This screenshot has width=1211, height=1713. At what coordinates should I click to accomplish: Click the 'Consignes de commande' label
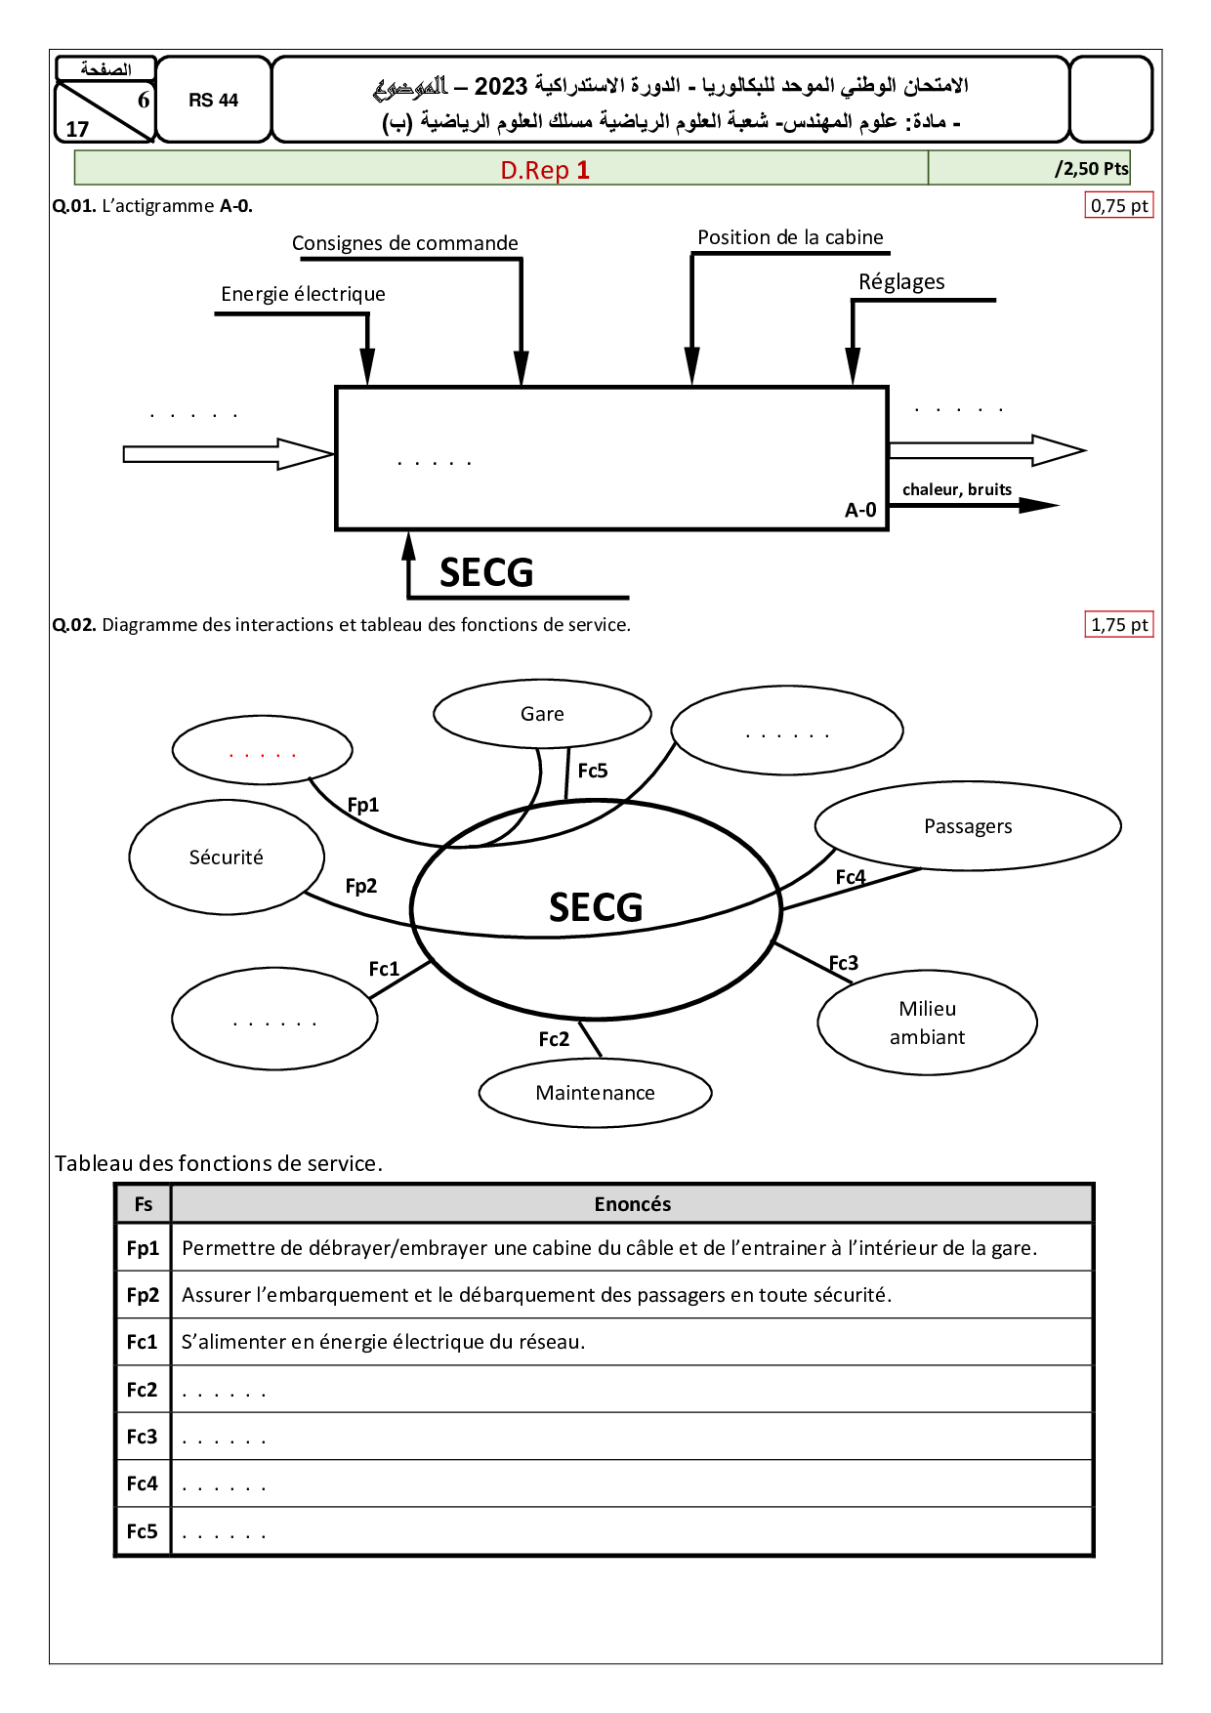click(x=404, y=243)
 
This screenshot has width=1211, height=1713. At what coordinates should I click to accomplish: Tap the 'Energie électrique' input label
click(x=303, y=294)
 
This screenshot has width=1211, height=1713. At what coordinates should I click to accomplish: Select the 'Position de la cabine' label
click(x=790, y=237)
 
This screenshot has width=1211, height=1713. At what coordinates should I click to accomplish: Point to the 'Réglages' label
click(x=901, y=282)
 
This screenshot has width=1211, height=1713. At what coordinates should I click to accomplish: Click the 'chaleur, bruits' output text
click(x=956, y=489)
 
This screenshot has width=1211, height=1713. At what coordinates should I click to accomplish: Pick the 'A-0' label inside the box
click(x=860, y=510)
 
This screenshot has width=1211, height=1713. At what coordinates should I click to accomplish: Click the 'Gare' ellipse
click(x=542, y=714)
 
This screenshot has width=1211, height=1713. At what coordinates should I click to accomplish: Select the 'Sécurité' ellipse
click(x=227, y=857)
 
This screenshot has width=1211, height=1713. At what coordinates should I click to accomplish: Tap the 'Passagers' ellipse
click(x=968, y=826)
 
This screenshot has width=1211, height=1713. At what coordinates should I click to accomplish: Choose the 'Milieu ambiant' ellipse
click(x=927, y=1023)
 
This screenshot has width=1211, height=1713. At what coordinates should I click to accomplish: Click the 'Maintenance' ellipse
click(x=595, y=1093)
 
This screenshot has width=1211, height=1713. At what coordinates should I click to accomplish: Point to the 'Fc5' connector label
click(x=593, y=771)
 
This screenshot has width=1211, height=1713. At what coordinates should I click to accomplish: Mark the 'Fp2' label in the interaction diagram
click(x=361, y=886)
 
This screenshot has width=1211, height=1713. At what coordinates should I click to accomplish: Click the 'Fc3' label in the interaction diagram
click(x=844, y=963)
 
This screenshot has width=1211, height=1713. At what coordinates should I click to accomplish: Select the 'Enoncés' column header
click(x=632, y=1204)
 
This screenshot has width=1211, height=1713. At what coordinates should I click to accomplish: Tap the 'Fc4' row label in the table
click(x=143, y=1483)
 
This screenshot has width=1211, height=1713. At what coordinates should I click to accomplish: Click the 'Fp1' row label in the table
click(x=143, y=1248)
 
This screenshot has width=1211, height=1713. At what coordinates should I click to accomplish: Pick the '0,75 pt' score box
click(x=1119, y=206)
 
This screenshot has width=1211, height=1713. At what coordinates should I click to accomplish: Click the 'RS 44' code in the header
click(x=214, y=101)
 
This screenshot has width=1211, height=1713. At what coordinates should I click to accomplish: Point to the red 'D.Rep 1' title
click(x=545, y=170)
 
